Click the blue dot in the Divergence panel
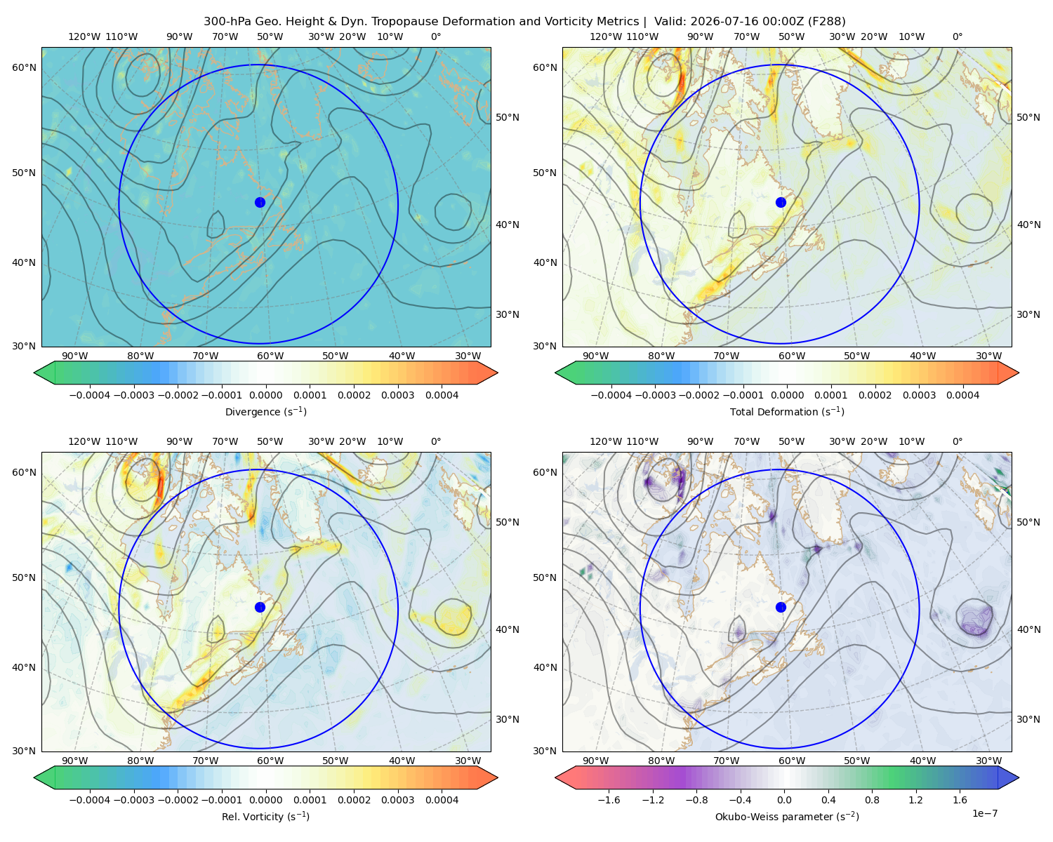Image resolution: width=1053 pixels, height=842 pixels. pyautogui.click(x=260, y=203)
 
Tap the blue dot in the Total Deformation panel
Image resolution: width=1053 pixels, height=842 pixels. pyautogui.click(x=781, y=203)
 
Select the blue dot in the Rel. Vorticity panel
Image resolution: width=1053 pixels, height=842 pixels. pyautogui.click(x=260, y=607)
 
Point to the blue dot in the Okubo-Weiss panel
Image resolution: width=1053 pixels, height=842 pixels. pyautogui.click(x=781, y=607)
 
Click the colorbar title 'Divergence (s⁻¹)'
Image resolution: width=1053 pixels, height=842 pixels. pyautogui.click(x=265, y=411)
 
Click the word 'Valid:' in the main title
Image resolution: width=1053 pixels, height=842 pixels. pyautogui.click(x=670, y=22)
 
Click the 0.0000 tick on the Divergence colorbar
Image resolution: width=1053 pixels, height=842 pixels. pyautogui.click(x=265, y=395)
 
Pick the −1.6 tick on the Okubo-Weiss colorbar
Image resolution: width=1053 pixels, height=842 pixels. pyautogui.click(x=609, y=800)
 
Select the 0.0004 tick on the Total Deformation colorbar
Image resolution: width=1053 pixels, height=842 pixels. pyautogui.click(x=963, y=395)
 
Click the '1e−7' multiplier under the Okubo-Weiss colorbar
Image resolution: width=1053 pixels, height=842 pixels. pyautogui.click(x=984, y=814)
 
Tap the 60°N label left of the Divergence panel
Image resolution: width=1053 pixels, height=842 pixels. pyautogui.click(x=24, y=67)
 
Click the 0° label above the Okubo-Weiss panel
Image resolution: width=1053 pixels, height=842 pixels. pyautogui.click(x=957, y=441)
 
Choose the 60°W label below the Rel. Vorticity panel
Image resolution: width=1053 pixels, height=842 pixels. pyautogui.click(x=270, y=761)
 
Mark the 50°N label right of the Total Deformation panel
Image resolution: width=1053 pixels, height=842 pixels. pyautogui.click(x=1028, y=117)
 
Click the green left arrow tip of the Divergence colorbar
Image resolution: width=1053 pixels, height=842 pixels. pyautogui.click(x=34, y=373)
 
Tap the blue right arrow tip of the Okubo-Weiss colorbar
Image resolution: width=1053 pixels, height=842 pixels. pyautogui.click(x=1019, y=777)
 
